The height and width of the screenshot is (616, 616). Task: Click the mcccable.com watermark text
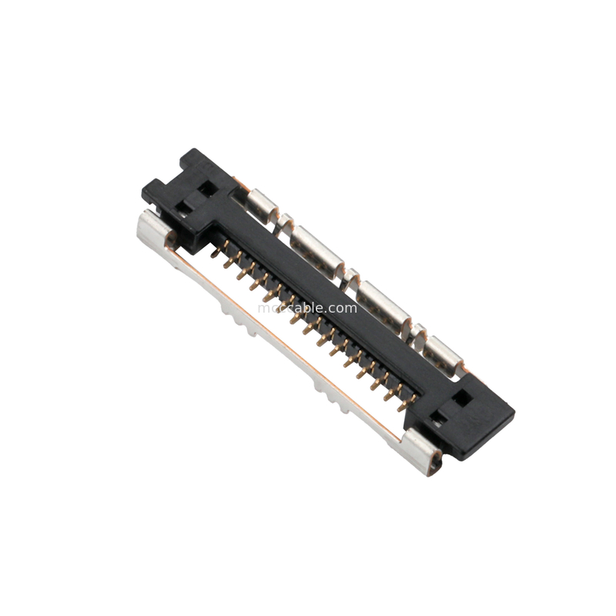pos(308,308)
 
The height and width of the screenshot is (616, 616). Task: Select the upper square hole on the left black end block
pos(206,187)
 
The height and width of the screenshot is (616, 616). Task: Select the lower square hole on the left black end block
pos(186,206)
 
